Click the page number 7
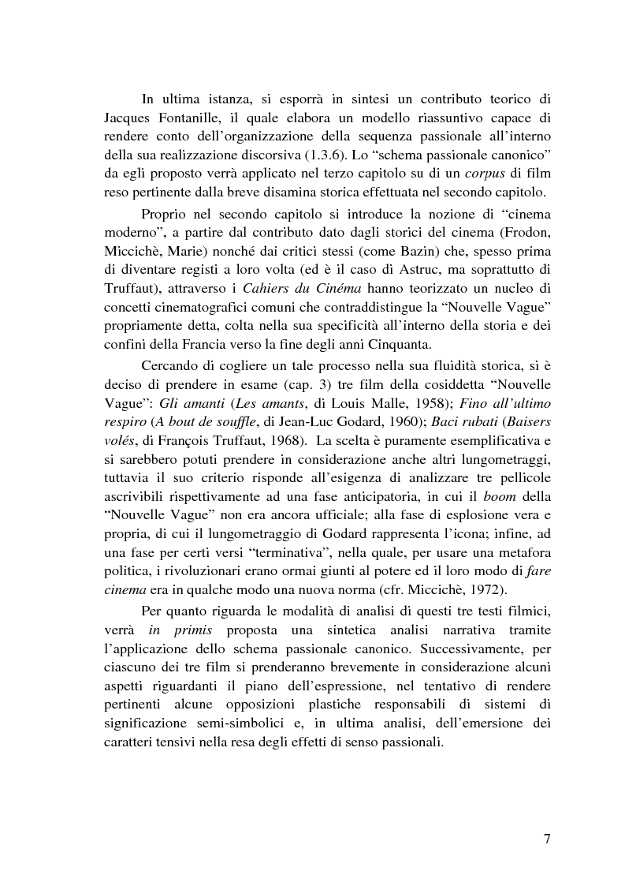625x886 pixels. (x=546, y=838)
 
